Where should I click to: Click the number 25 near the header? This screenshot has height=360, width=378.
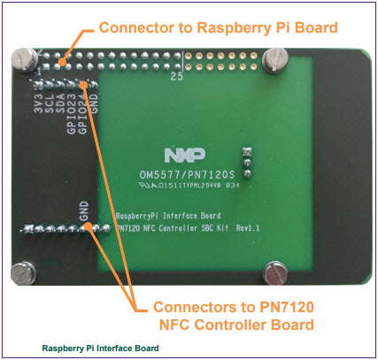click(x=176, y=79)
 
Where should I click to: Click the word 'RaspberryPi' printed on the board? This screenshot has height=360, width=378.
click(x=143, y=216)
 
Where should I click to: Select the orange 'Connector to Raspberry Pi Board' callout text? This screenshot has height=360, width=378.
click(x=218, y=27)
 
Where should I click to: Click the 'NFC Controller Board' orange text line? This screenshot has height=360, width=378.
click(x=232, y=326)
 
